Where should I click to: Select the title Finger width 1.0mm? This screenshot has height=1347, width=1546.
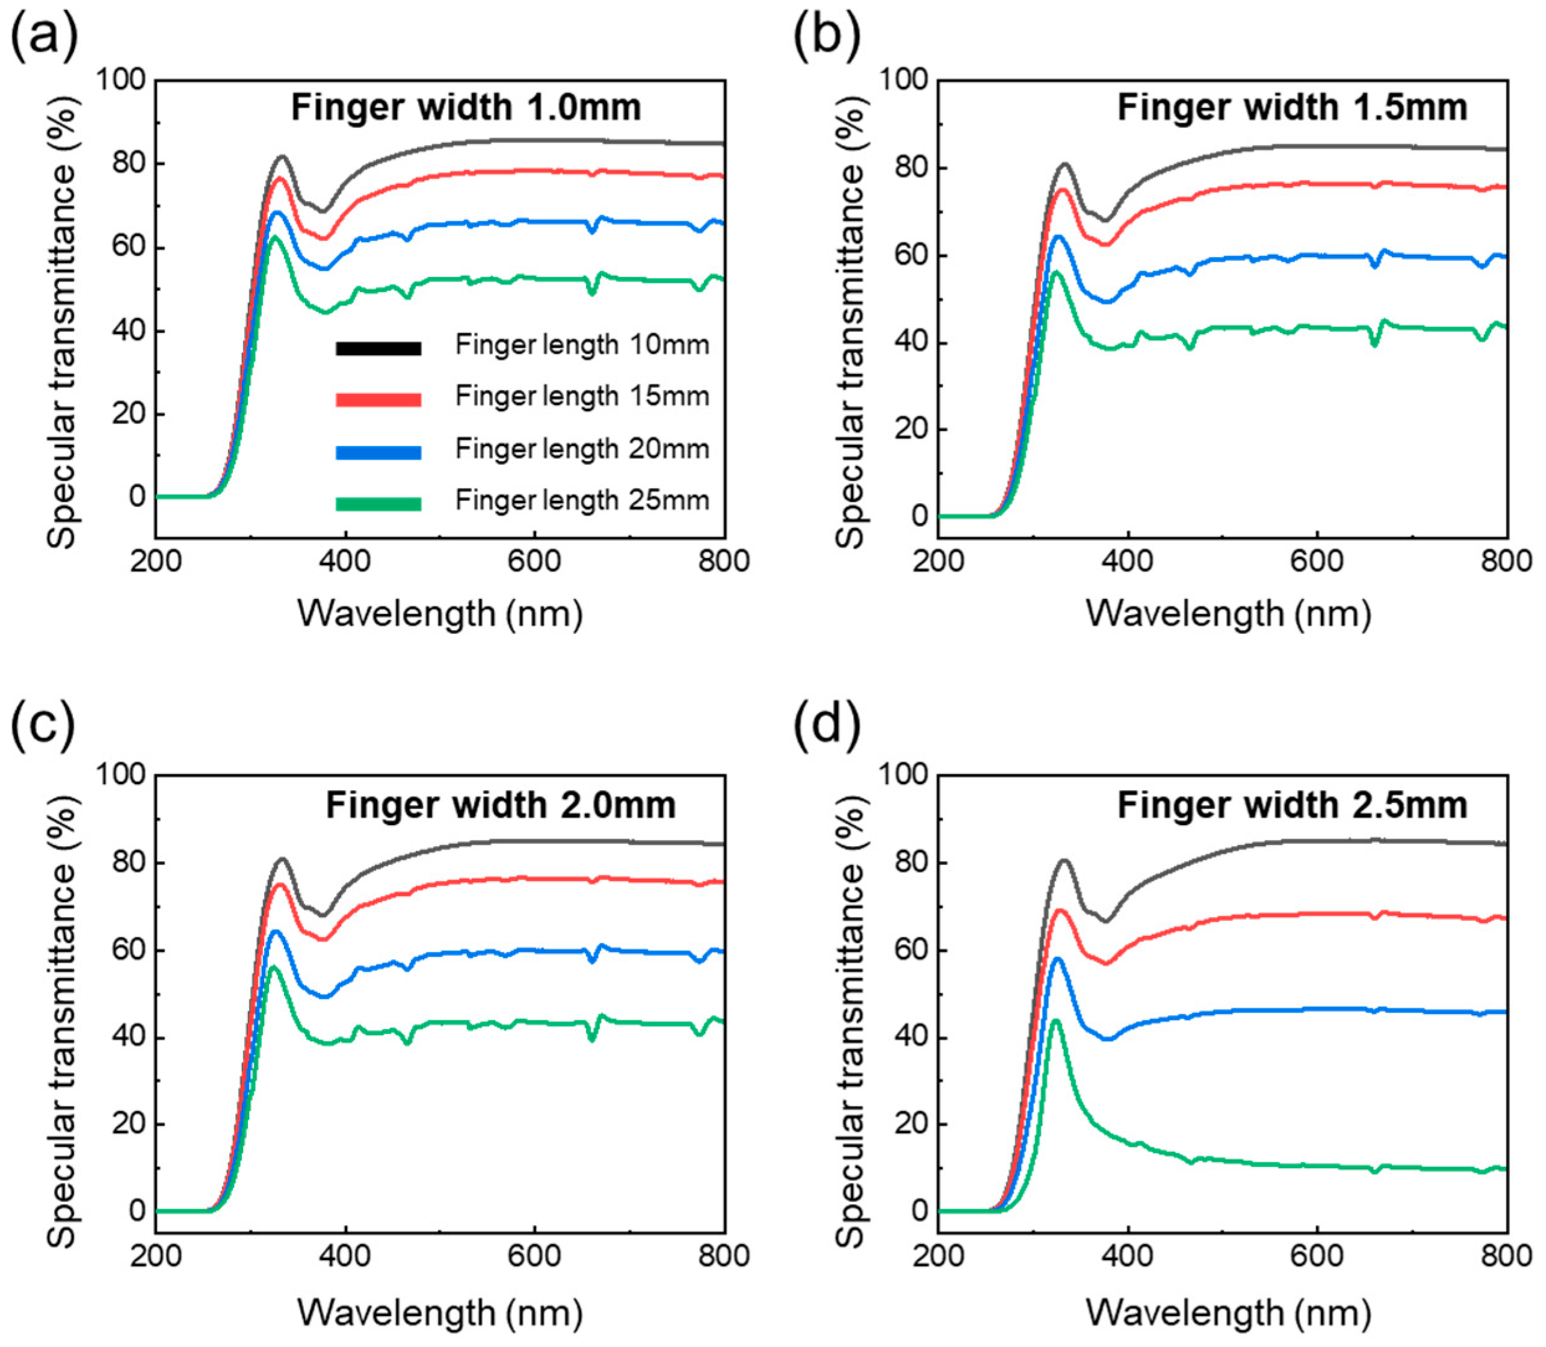tap(466, 107)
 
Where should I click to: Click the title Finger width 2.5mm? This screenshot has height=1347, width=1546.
tap(1292, 805)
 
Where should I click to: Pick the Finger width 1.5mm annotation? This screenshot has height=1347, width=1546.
tap(1292, 107)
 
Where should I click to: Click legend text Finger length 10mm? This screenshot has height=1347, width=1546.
tap(582, 345)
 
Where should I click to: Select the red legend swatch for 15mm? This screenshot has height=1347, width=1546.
tap(378, 399)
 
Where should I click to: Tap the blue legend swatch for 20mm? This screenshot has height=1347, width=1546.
tap(378, 452)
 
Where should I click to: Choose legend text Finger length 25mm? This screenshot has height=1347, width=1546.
tap(582, 500)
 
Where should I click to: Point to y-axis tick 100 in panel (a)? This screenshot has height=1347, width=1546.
tap(121, 80)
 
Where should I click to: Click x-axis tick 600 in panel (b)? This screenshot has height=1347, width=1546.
tap(1317, 562)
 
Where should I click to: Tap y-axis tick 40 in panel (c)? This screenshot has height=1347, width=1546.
tap(128, 1038)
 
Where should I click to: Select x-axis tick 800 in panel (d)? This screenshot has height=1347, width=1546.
tap(1506, 1256)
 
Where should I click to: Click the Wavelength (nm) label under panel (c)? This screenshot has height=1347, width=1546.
tap(440, 1312)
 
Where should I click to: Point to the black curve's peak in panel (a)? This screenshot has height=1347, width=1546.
tap(282, 157)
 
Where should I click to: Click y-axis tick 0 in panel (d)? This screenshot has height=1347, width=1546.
tap(919, 1211)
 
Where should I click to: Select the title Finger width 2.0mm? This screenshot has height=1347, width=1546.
tap(501, 805)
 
